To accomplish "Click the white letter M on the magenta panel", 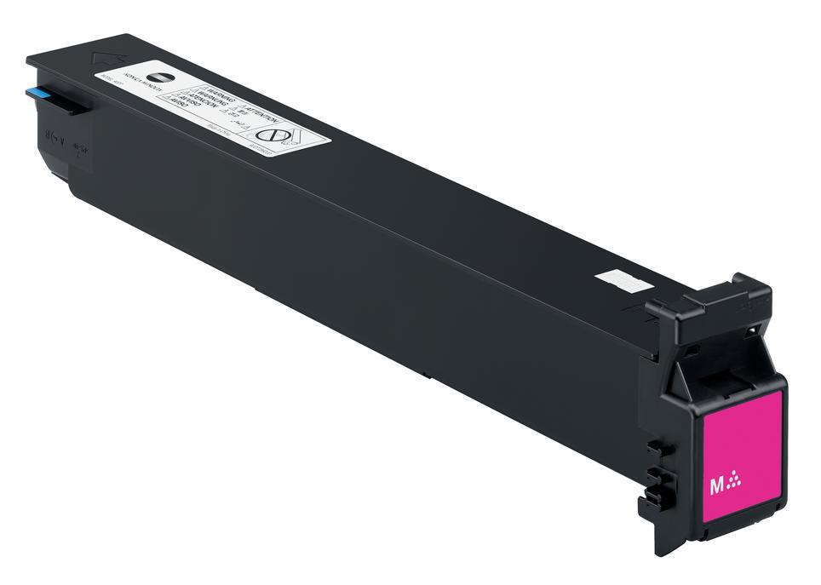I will pyautogui.click(x=716, y=486).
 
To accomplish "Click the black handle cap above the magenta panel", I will pyautogui.click(x=711, y=302).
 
